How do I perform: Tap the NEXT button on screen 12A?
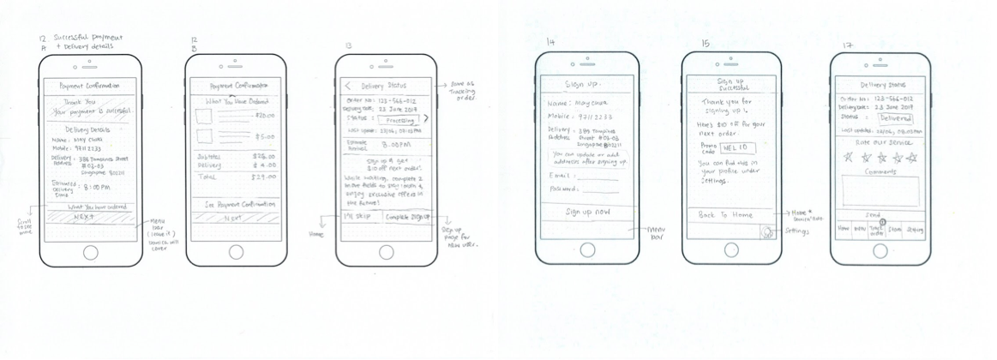[x=84, y=218]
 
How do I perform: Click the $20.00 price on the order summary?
[x=264, y=116]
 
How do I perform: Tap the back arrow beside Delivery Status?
[x=348, y=86]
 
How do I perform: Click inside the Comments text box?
[x=881, y=191]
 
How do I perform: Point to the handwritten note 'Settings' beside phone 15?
[x=796, y=231]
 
